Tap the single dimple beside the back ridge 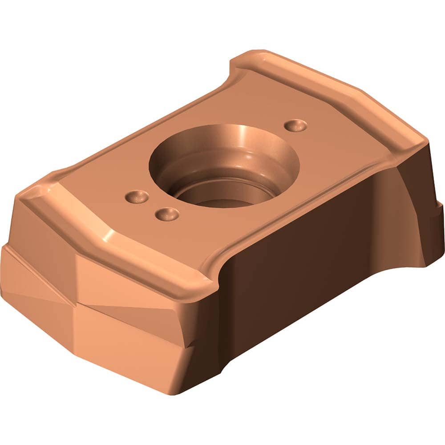point(295,125)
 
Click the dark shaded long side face point(303,249)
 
